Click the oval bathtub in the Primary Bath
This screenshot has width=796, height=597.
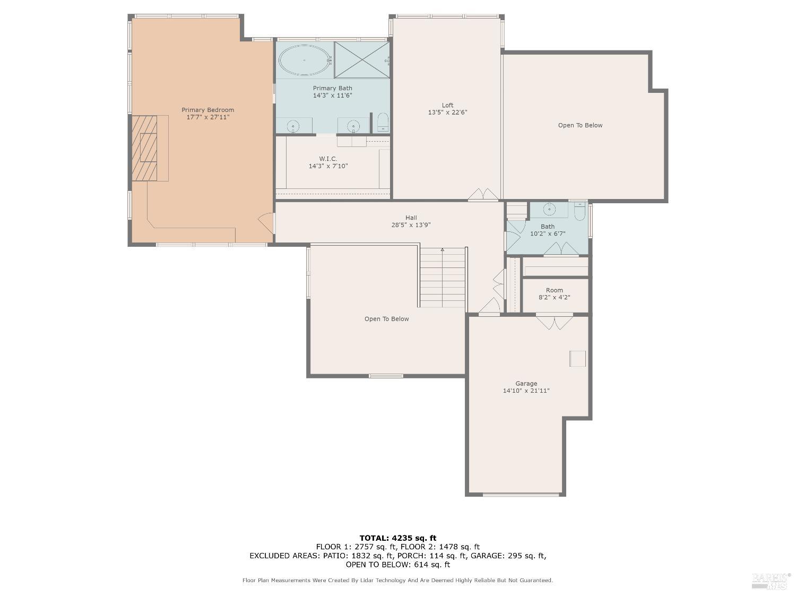pyautogui.click(x=304, y=60)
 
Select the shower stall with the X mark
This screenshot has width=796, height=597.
pyautogui.click(x=362, y=59)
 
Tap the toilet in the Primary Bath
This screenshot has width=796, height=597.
pyautogui.click(x=383, y=122)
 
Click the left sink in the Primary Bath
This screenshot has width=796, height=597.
pyautogui.click(x=293, y=126)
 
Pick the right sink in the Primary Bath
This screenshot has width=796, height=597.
pyautogui.click(x=353, y=126)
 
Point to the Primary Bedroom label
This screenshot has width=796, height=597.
pyautogui.click(x=207, y=110)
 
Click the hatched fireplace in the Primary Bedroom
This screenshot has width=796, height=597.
pyautogui.click(x=145, y=148)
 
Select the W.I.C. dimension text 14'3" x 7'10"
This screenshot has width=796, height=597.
pyautogui.click(x=328, y=166)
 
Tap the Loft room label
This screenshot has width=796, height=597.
pyautogui.click(x=447, y=105)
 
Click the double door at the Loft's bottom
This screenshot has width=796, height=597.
pyautogui.click(x=483, y=195)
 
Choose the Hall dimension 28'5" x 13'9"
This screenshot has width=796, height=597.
pyautogui.click(x=411, y=225)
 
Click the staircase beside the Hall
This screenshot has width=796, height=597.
pyautogui.click(x=443, y=278)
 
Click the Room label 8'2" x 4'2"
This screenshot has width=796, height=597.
pyautogui.click(x=554, y=294)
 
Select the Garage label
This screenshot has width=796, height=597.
pyautogui.click(x=526, y=384)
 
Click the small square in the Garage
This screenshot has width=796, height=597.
pyautogui.click(x=577, y=358)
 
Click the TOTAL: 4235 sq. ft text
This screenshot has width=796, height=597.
pyautogui.click(x=397, y=538)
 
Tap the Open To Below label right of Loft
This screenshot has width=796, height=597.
pyautogui.click(x=580, y=125)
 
